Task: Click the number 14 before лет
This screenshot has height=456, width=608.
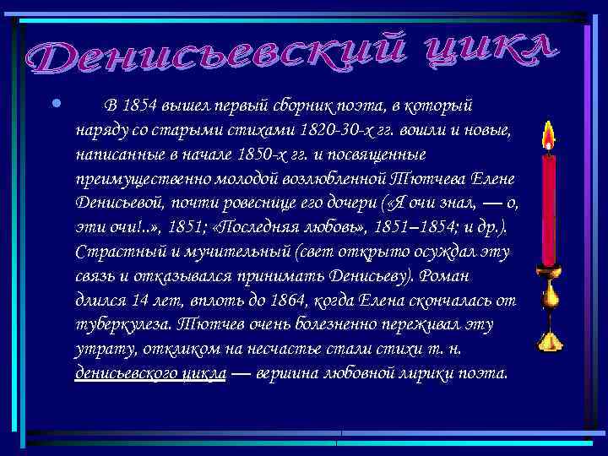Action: (x=140, y=301)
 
